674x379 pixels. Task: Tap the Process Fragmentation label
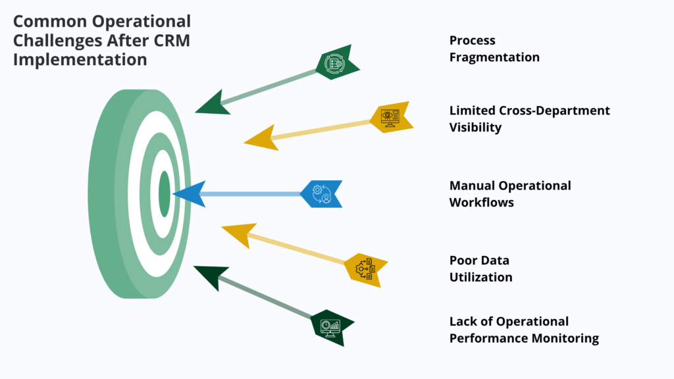click(x=494, y=49)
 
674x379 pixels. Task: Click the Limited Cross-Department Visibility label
click(x=529, y=118)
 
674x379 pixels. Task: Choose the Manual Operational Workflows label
click(x=509, y=193)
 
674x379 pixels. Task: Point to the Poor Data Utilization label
click(x=480, y=268)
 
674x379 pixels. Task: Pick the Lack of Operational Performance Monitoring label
click(x=523, y=330)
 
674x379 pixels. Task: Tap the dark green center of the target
click(x=165, y=194)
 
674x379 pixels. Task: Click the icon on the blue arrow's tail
click(x=321, y=194)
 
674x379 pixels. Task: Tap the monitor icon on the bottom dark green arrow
click(x=330, y=326)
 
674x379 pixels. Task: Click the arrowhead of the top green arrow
click(x=212, y=104)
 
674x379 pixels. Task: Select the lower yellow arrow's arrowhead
click(x=238, y=234)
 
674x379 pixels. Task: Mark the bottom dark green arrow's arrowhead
click(x=210, y=275)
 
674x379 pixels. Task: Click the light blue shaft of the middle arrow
click(x=250, y=194)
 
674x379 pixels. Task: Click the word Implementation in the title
click(x=80, y=59)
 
